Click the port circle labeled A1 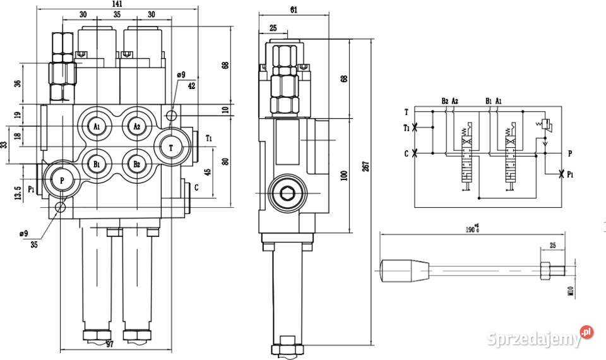pyautogui.click(x=97, y=126)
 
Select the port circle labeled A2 pyautogui.click(x=136, y=126)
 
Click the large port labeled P pyautogui.click(x=62, y=180)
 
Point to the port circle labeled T pyautogui.click(x=171, y=147)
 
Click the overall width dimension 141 pyautogui.click(x=116, y=4)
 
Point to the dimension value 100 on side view pyautogui.click(x=345, y=175)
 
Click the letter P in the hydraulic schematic pyautogui.click(x=569, y=153)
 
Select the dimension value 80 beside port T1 pyautogui.click(x=225, y=161)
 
